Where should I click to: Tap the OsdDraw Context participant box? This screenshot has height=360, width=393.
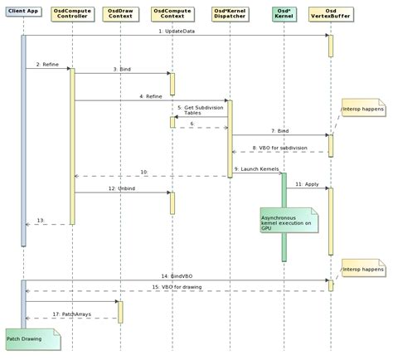click(x=120, y=15)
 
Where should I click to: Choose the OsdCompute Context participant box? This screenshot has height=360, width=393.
click(x=171, y=15)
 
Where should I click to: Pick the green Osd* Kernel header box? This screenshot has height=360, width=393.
click(x=283, y=15)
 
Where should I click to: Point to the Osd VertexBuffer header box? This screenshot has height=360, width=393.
click(x=330, y=15)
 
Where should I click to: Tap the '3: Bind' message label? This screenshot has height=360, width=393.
click(x=120, y=70)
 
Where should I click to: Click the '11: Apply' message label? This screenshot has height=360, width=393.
click(x=306, y=183)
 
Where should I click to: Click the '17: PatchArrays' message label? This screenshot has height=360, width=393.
click(x=70, y=313)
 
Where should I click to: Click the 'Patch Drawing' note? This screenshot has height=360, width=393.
click(x=28, y=339)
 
